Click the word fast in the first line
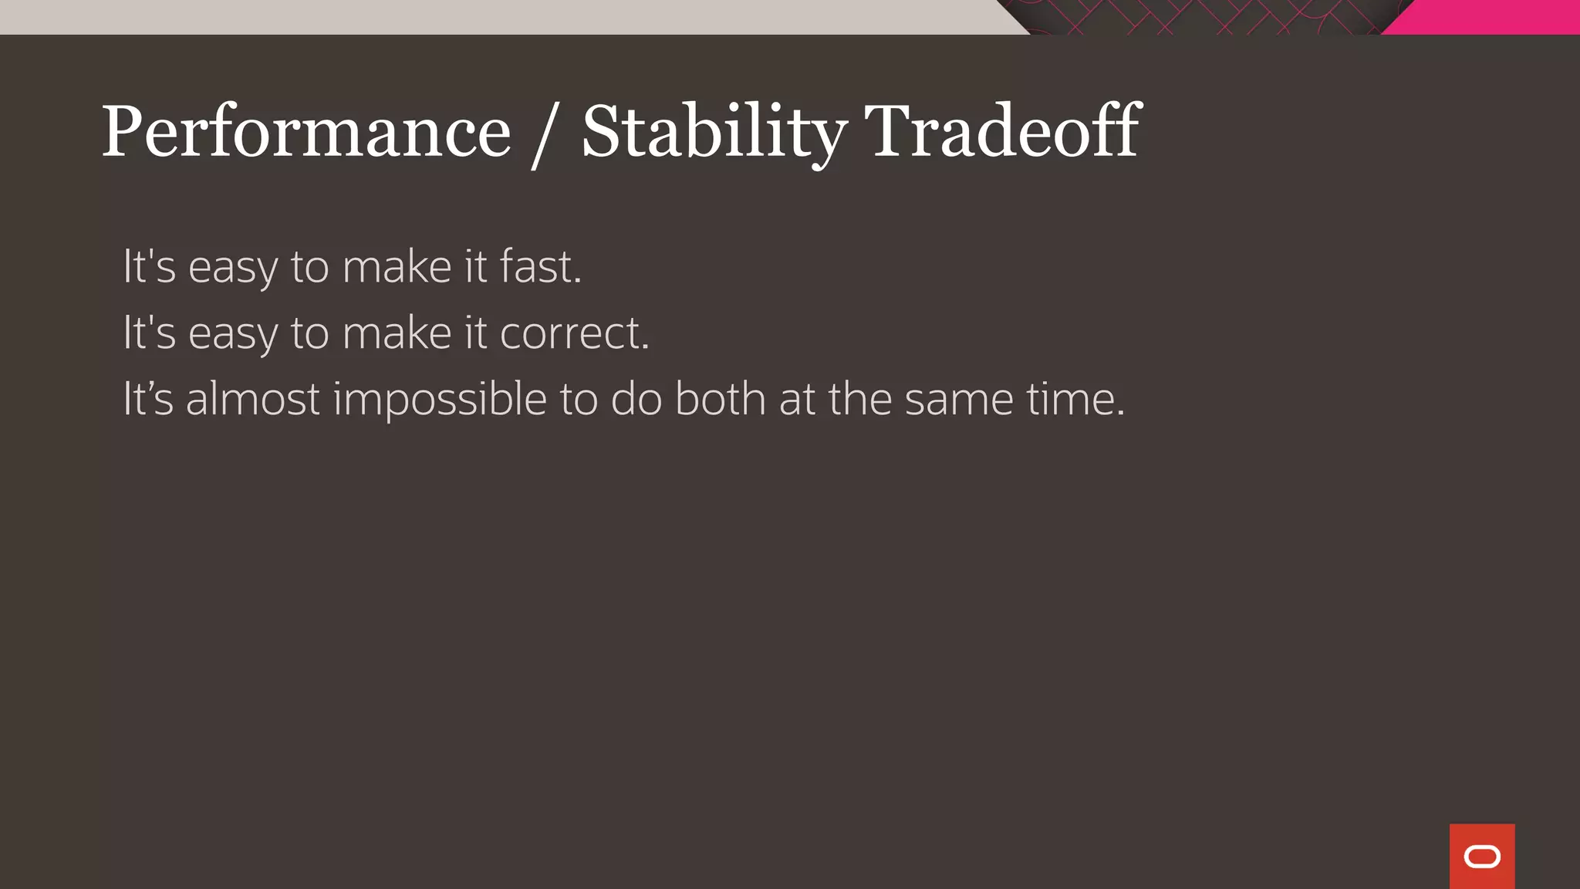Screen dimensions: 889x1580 540,266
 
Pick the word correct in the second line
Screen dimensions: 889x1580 574,333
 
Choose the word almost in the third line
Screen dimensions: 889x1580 252,399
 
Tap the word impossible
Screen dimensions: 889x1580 440,399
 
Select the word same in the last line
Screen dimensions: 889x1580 959,399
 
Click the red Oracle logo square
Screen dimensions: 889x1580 1482,856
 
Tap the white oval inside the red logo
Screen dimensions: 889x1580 1482,857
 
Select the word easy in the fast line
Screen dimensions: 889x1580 233,268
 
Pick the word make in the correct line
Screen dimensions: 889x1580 397,333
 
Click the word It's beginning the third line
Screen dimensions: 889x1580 148,399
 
